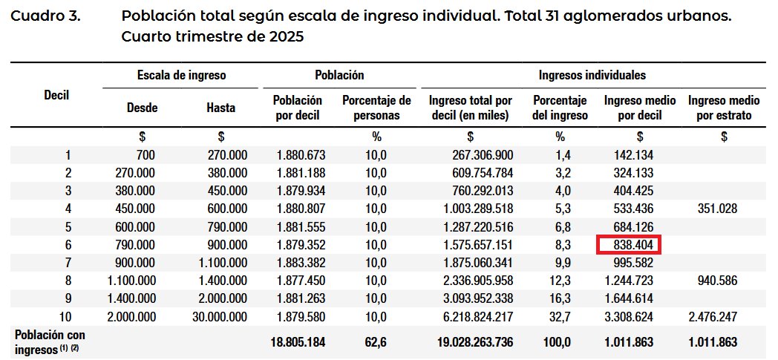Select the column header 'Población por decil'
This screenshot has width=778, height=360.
[298, 108]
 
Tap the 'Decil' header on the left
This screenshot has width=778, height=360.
[56, 95]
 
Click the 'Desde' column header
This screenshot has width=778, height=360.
[143, 108]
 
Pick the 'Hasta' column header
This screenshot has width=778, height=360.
[220, 108]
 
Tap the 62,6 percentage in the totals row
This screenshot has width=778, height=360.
[376, 343]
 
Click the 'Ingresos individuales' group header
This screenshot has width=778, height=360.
[592, 75]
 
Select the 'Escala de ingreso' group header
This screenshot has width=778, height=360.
[181, 75]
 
